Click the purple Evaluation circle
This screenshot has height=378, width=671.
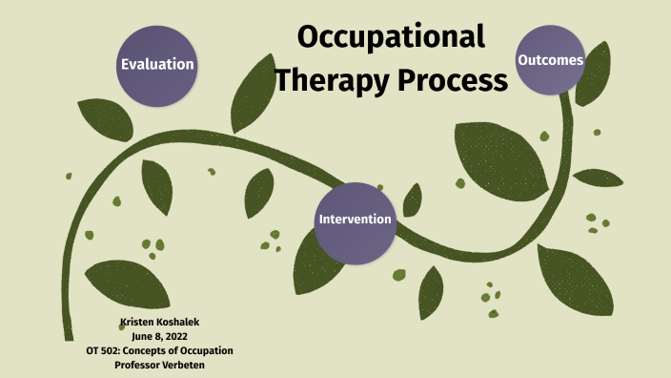point(157,64)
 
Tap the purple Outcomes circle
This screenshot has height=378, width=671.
point(550,60)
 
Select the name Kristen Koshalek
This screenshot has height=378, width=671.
point(159,324)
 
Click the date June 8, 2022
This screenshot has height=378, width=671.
point(159,337)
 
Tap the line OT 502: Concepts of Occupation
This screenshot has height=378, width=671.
point(159,350)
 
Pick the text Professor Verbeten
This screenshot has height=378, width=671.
point(159,364)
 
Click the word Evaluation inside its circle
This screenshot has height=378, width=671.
point(157,65)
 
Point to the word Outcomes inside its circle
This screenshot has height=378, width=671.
point(550,60)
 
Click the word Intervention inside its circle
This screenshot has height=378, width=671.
point(355,220)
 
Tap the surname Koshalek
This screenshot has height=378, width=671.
point(178,324)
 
